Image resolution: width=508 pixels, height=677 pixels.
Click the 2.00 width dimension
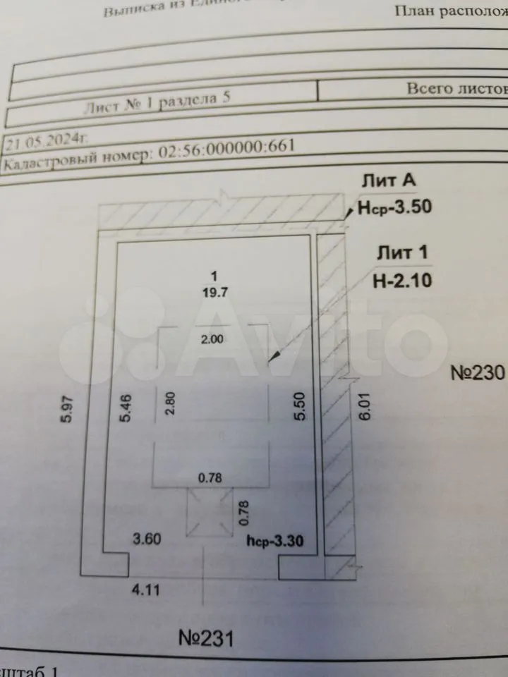click(212, 338)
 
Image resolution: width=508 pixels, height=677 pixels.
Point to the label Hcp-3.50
click(394, 207)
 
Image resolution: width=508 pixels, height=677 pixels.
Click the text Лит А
click(389, 181)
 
